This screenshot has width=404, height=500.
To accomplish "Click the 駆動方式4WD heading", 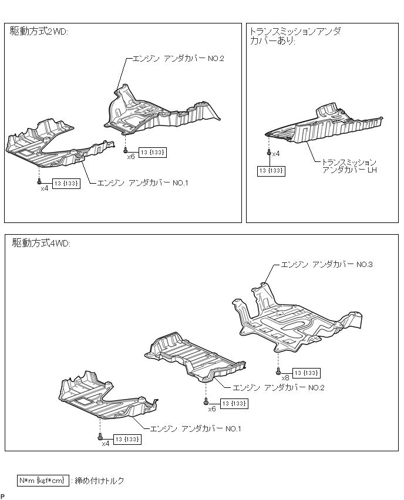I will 41,244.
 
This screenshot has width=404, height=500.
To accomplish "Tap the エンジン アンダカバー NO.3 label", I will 326,265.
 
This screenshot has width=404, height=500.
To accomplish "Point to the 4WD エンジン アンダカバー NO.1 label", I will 196,429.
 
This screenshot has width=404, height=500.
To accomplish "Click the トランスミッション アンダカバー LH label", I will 349,165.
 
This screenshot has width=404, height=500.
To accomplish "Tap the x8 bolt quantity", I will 285,378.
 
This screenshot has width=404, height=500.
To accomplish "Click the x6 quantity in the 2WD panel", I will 130,157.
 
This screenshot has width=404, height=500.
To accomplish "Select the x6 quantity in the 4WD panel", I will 212,408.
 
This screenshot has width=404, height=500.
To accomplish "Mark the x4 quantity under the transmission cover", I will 276,153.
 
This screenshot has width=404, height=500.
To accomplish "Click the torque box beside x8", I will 306,373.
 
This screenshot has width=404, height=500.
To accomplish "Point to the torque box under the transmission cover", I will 271,171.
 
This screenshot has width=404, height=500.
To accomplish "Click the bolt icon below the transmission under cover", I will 269,153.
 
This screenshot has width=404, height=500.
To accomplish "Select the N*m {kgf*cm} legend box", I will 43,481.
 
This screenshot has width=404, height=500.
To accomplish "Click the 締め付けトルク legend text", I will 100,481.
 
